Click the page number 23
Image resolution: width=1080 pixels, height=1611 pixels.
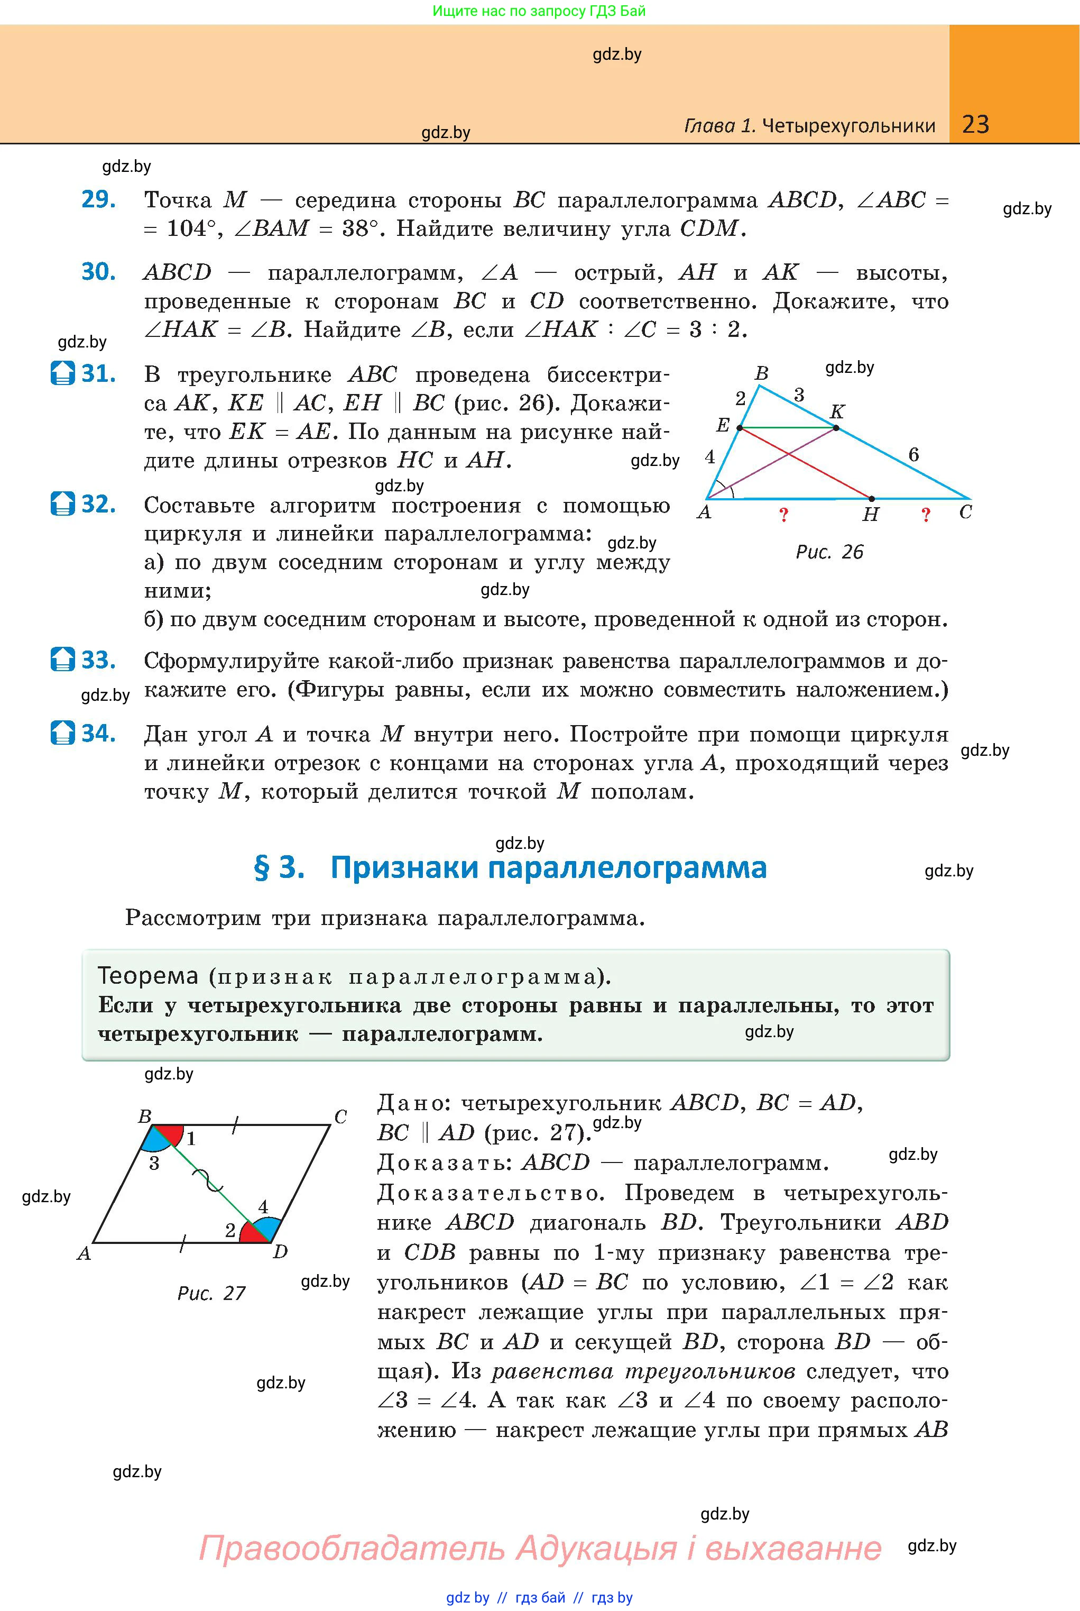(975, 124)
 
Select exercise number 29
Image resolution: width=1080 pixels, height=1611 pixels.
(98, 199)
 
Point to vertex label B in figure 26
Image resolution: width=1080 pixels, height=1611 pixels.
(761, 373)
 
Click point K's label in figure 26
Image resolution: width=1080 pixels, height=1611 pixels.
(837, 412)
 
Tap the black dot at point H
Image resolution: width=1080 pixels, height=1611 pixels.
(871, 498)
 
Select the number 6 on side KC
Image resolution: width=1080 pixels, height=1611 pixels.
(913, 455)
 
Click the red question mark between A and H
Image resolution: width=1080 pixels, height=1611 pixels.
(783, 515)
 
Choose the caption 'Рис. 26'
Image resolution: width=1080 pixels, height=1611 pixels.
(829, 552)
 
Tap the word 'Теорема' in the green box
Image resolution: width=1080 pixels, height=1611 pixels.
(148, 976)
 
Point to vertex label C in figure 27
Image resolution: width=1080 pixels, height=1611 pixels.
(340, 1117)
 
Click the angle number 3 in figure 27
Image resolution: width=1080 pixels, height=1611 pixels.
(154, 1164)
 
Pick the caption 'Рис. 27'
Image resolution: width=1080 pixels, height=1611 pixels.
(211, 1293)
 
